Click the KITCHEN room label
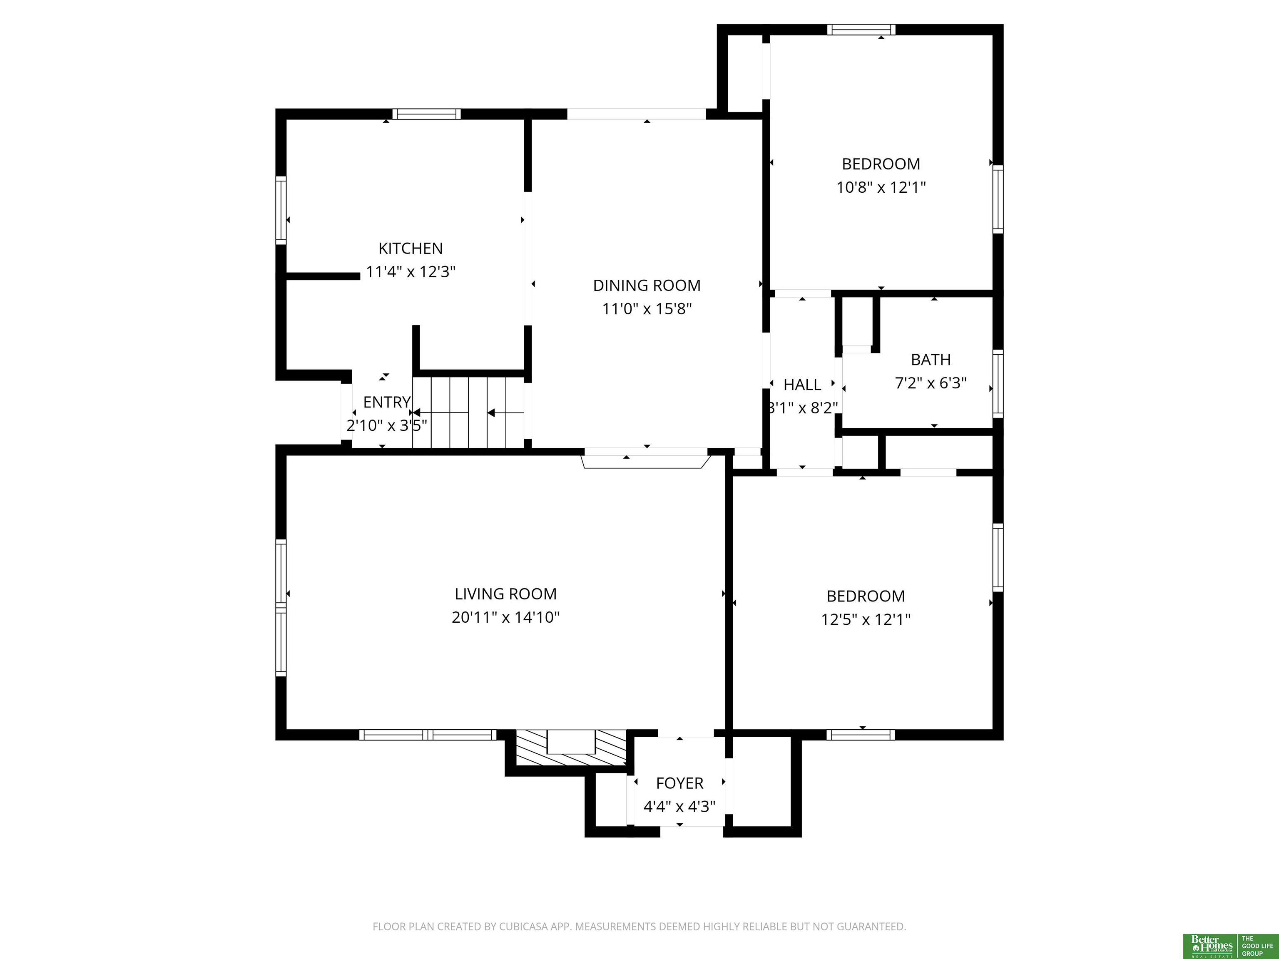[411, 248]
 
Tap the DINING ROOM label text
[647, 286]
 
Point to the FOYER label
[679, 783]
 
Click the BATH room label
[931, 360]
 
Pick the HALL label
[802, 385]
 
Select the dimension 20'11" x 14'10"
[505, 617]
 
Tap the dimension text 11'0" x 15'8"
[647, 309]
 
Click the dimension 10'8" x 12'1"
[881, 187]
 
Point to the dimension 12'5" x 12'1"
[866, 620]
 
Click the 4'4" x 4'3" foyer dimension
[679, 806]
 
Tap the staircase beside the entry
[468, 412]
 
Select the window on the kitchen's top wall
[427, 114]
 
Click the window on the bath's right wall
[998, 383]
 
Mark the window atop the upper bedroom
[861, 30]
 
